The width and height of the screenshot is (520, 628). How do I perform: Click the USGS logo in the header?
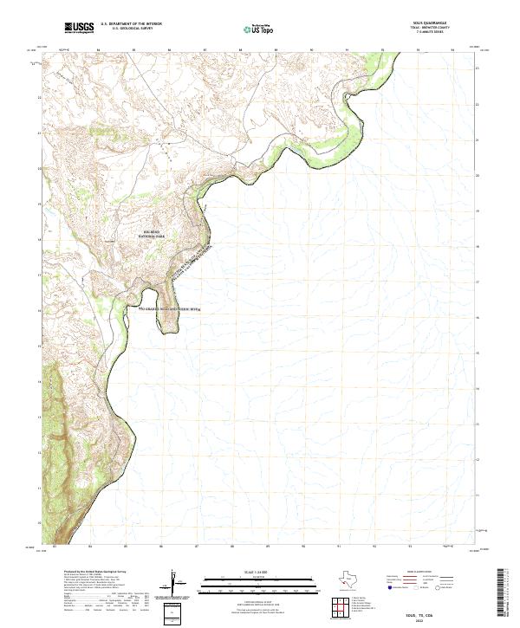tap(79, 29)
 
